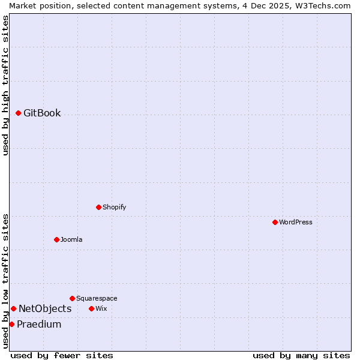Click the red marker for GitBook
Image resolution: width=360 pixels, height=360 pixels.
18,113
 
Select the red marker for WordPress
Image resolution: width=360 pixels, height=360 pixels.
275,222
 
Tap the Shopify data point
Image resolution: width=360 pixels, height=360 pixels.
98,207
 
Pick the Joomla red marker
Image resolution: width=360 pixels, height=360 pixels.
56,239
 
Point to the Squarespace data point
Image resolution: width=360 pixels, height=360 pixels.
72,298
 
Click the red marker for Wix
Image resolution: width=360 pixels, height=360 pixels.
91,308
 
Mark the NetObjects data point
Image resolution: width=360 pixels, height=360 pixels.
13,308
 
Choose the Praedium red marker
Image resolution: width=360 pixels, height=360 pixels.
11,324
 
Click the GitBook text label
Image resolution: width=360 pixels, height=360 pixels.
42,113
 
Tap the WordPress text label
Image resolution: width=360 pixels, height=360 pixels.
296,222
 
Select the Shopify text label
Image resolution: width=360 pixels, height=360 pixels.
114,207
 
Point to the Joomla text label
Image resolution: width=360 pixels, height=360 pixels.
71,239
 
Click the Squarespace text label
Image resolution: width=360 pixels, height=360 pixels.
97,298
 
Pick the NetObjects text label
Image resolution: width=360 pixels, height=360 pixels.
45,308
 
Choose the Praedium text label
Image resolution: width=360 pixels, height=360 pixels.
39,324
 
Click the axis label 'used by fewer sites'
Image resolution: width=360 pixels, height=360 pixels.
62,355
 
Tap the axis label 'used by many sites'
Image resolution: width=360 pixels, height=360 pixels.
301,355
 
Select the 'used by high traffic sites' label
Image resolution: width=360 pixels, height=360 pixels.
5,85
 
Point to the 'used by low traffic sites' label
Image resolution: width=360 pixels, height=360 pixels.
5,281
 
